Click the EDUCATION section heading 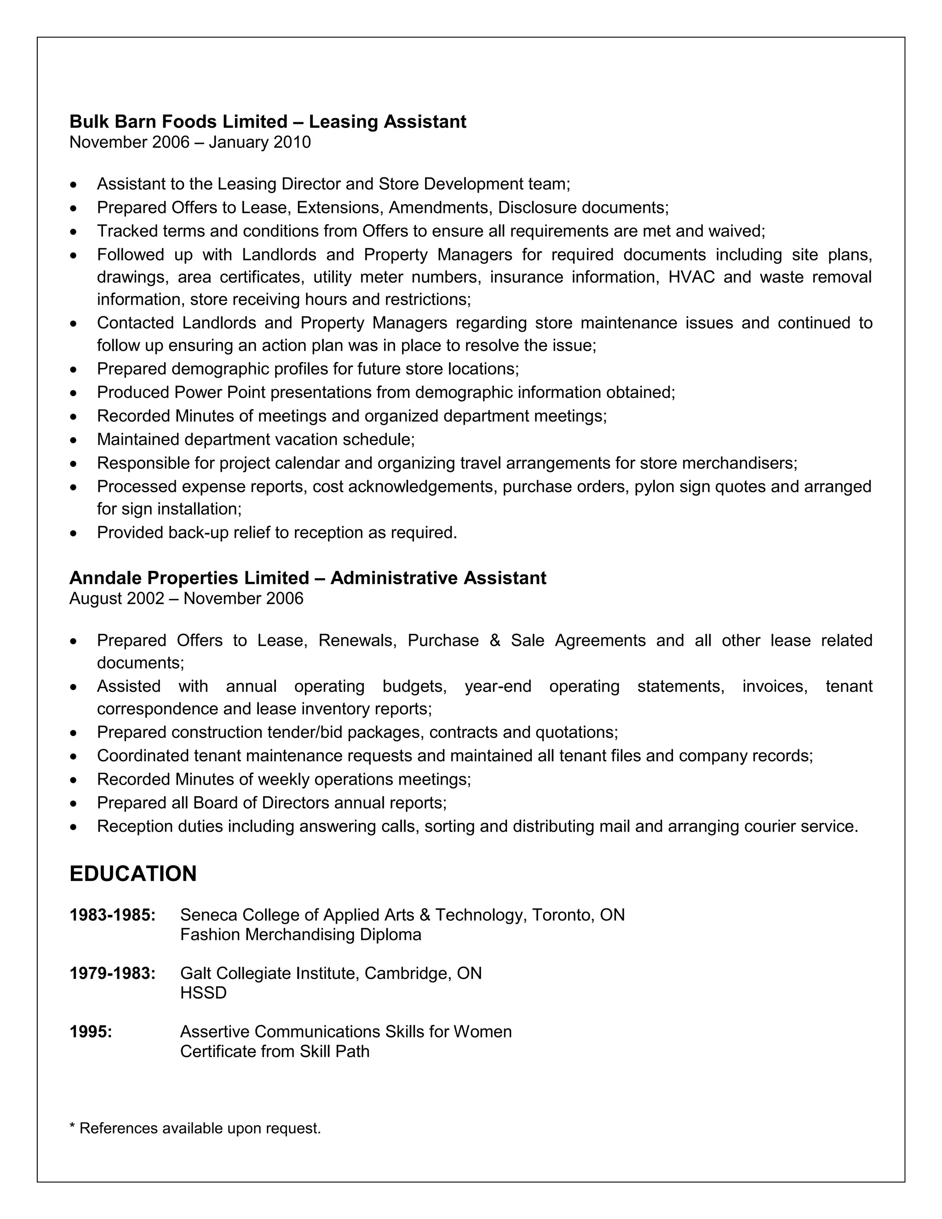pos(133,874)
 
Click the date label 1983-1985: pos(112,915)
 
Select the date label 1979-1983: pos(112,973)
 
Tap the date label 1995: pos(91,1031)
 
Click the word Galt pos(195,973)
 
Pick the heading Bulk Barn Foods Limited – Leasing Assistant pos(267,122)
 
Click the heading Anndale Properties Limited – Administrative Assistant pos(308,578)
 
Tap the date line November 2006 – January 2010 pos(190,142)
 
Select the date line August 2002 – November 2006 pos(186,598)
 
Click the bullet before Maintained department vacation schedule pos(73,440)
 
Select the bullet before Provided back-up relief pos(73,534)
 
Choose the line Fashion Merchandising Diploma pos(300,934)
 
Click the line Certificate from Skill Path pos(275,1051)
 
